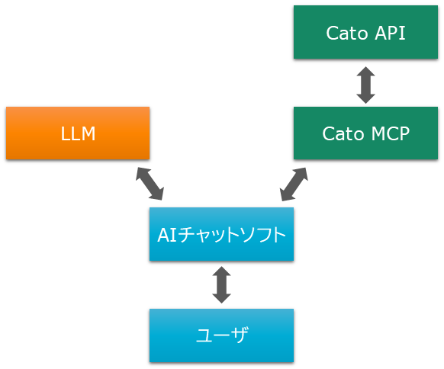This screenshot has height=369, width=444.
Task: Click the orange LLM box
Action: (78, 133)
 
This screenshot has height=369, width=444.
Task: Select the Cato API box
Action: (365, 32)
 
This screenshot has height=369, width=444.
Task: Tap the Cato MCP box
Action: (365, 133)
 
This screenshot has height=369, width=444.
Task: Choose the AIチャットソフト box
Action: (221, 234)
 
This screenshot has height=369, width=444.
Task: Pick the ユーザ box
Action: (221, 335)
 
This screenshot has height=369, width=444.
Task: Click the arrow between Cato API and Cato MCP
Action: (365, 85)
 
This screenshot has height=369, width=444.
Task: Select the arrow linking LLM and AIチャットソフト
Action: (150, 184)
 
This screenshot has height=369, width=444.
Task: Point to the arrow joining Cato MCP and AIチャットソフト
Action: (294, 184)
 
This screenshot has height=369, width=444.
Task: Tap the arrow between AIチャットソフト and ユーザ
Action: (221, 284)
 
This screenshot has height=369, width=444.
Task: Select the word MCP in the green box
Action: (391, 133)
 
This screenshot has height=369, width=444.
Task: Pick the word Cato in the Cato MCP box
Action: (343, 133)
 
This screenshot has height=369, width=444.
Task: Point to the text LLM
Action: (78, 133)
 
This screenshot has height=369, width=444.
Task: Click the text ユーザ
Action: (222, 335)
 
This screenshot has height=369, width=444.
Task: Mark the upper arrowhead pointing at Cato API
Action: (365, 72)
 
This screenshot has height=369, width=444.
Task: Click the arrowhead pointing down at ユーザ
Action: (221, 298)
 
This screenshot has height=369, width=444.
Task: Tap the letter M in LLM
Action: (88, 133)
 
